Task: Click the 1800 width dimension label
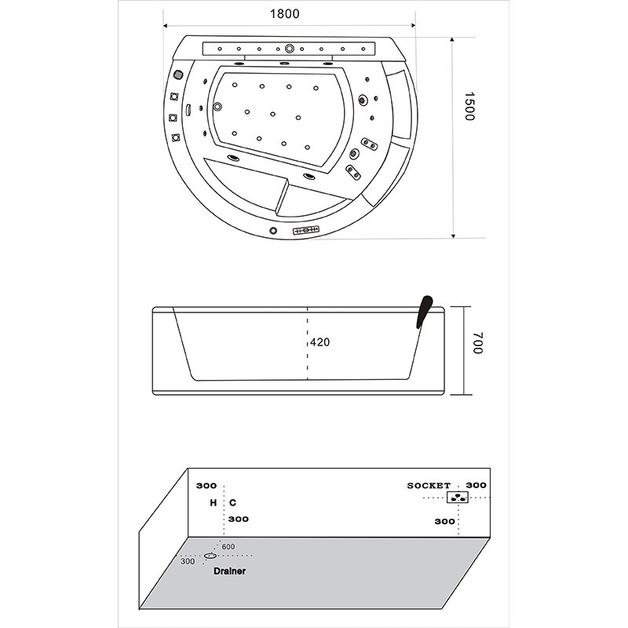coord(284,13)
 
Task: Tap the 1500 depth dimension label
coord(469,106)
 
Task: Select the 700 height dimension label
coord(477,343)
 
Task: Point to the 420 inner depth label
coord(320,342)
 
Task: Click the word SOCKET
coord(429,485)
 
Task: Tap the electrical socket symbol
coord(458,498)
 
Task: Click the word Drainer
coord(229,571)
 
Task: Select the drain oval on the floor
coord(210,556)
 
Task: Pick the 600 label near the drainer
coord(228,546)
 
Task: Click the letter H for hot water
coord(213,502)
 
